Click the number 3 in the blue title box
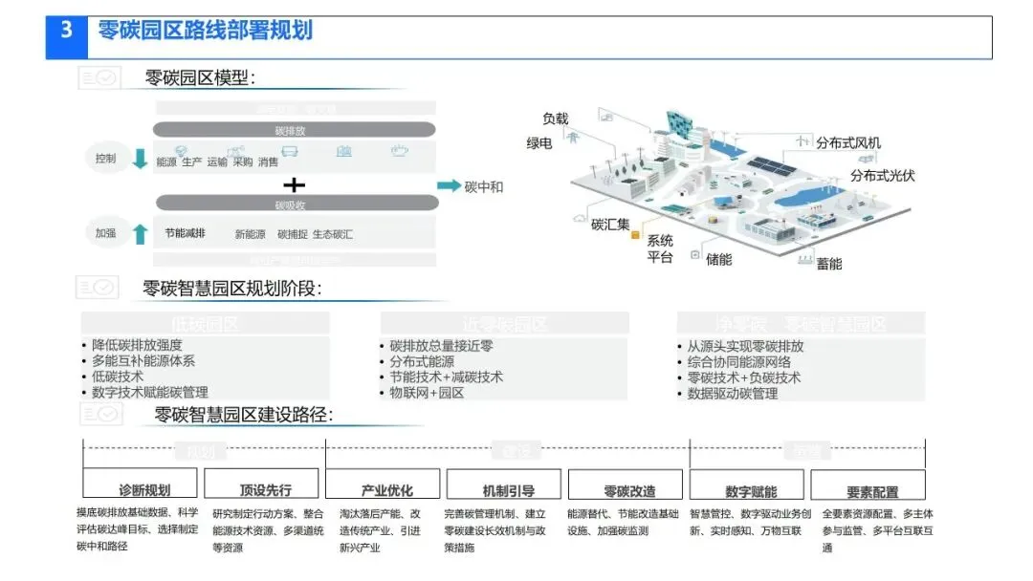click(66, 31)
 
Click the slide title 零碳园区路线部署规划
click(205, 31)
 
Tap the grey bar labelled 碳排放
click(295, 130)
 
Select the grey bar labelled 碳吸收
click(295, 203)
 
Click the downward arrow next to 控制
click(141, 159)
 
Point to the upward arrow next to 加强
click(141, 232)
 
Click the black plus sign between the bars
click(296, 183)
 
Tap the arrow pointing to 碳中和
click(448, 186)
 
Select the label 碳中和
click(484, 187)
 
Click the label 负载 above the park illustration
click(556, 118)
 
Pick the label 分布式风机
click(848, 143)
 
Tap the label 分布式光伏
click(883, 176)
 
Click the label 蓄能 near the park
click(829, 263)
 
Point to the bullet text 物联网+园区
click(427, 393)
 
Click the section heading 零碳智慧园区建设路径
click(243, 415)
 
